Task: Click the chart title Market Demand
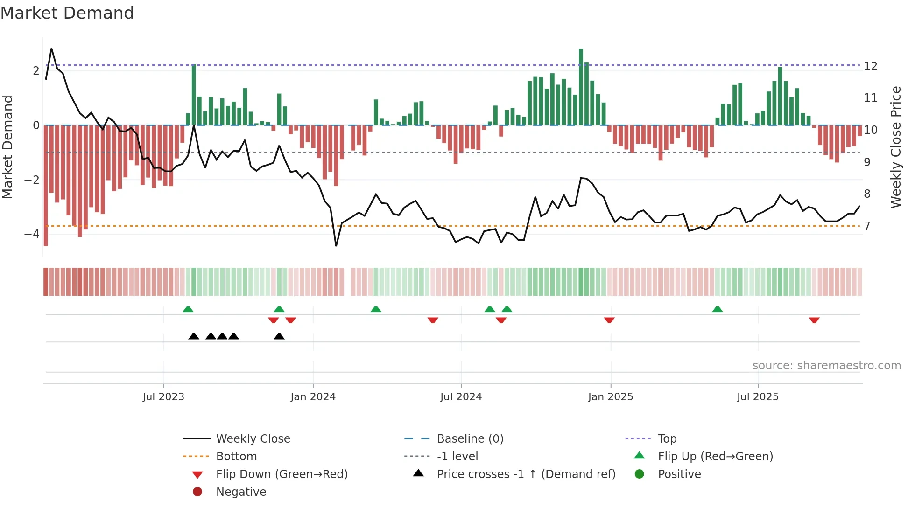click(x=67, y=13)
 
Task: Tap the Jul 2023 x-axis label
click(x=163, y=397)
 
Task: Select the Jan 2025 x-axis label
click(x=610, y=397)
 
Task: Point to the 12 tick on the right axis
click(x=870, y=66)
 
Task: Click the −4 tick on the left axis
click(x=32, y=234)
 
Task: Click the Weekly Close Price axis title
click(x=895, y=147)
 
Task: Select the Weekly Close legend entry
click(x=253, y=439)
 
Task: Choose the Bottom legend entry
click(x=236, y=457)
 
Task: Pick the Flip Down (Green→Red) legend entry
click(x=282, y=474)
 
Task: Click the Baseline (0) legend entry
click(x=470, y=439)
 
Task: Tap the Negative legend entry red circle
click(x=197, y=492)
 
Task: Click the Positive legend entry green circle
click(x=640, y=474)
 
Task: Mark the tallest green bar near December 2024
click(x=581, y=86)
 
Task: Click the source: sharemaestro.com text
click(x=826, y=366)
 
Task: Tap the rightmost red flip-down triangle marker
click(x=814, y=320)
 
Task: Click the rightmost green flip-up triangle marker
click(x=718, y=309)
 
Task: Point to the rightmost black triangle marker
click(x=279, y=336)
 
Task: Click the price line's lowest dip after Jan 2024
click(x=336, y=245)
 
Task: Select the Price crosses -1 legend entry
click(x=526, y=474)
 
